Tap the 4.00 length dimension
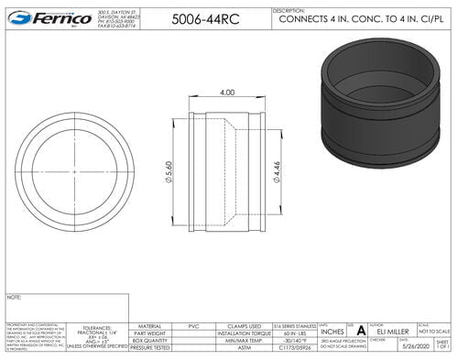[x=227, y=93]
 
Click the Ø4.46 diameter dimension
[x=275, y=169]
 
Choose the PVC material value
[x=192, y=325]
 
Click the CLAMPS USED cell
[x=243, y=325]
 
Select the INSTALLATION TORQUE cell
[x=243, y=333]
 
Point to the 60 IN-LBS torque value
[x=294, y=333]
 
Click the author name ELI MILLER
[x=392, y=333]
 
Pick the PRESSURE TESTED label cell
[x=149, y=349]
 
